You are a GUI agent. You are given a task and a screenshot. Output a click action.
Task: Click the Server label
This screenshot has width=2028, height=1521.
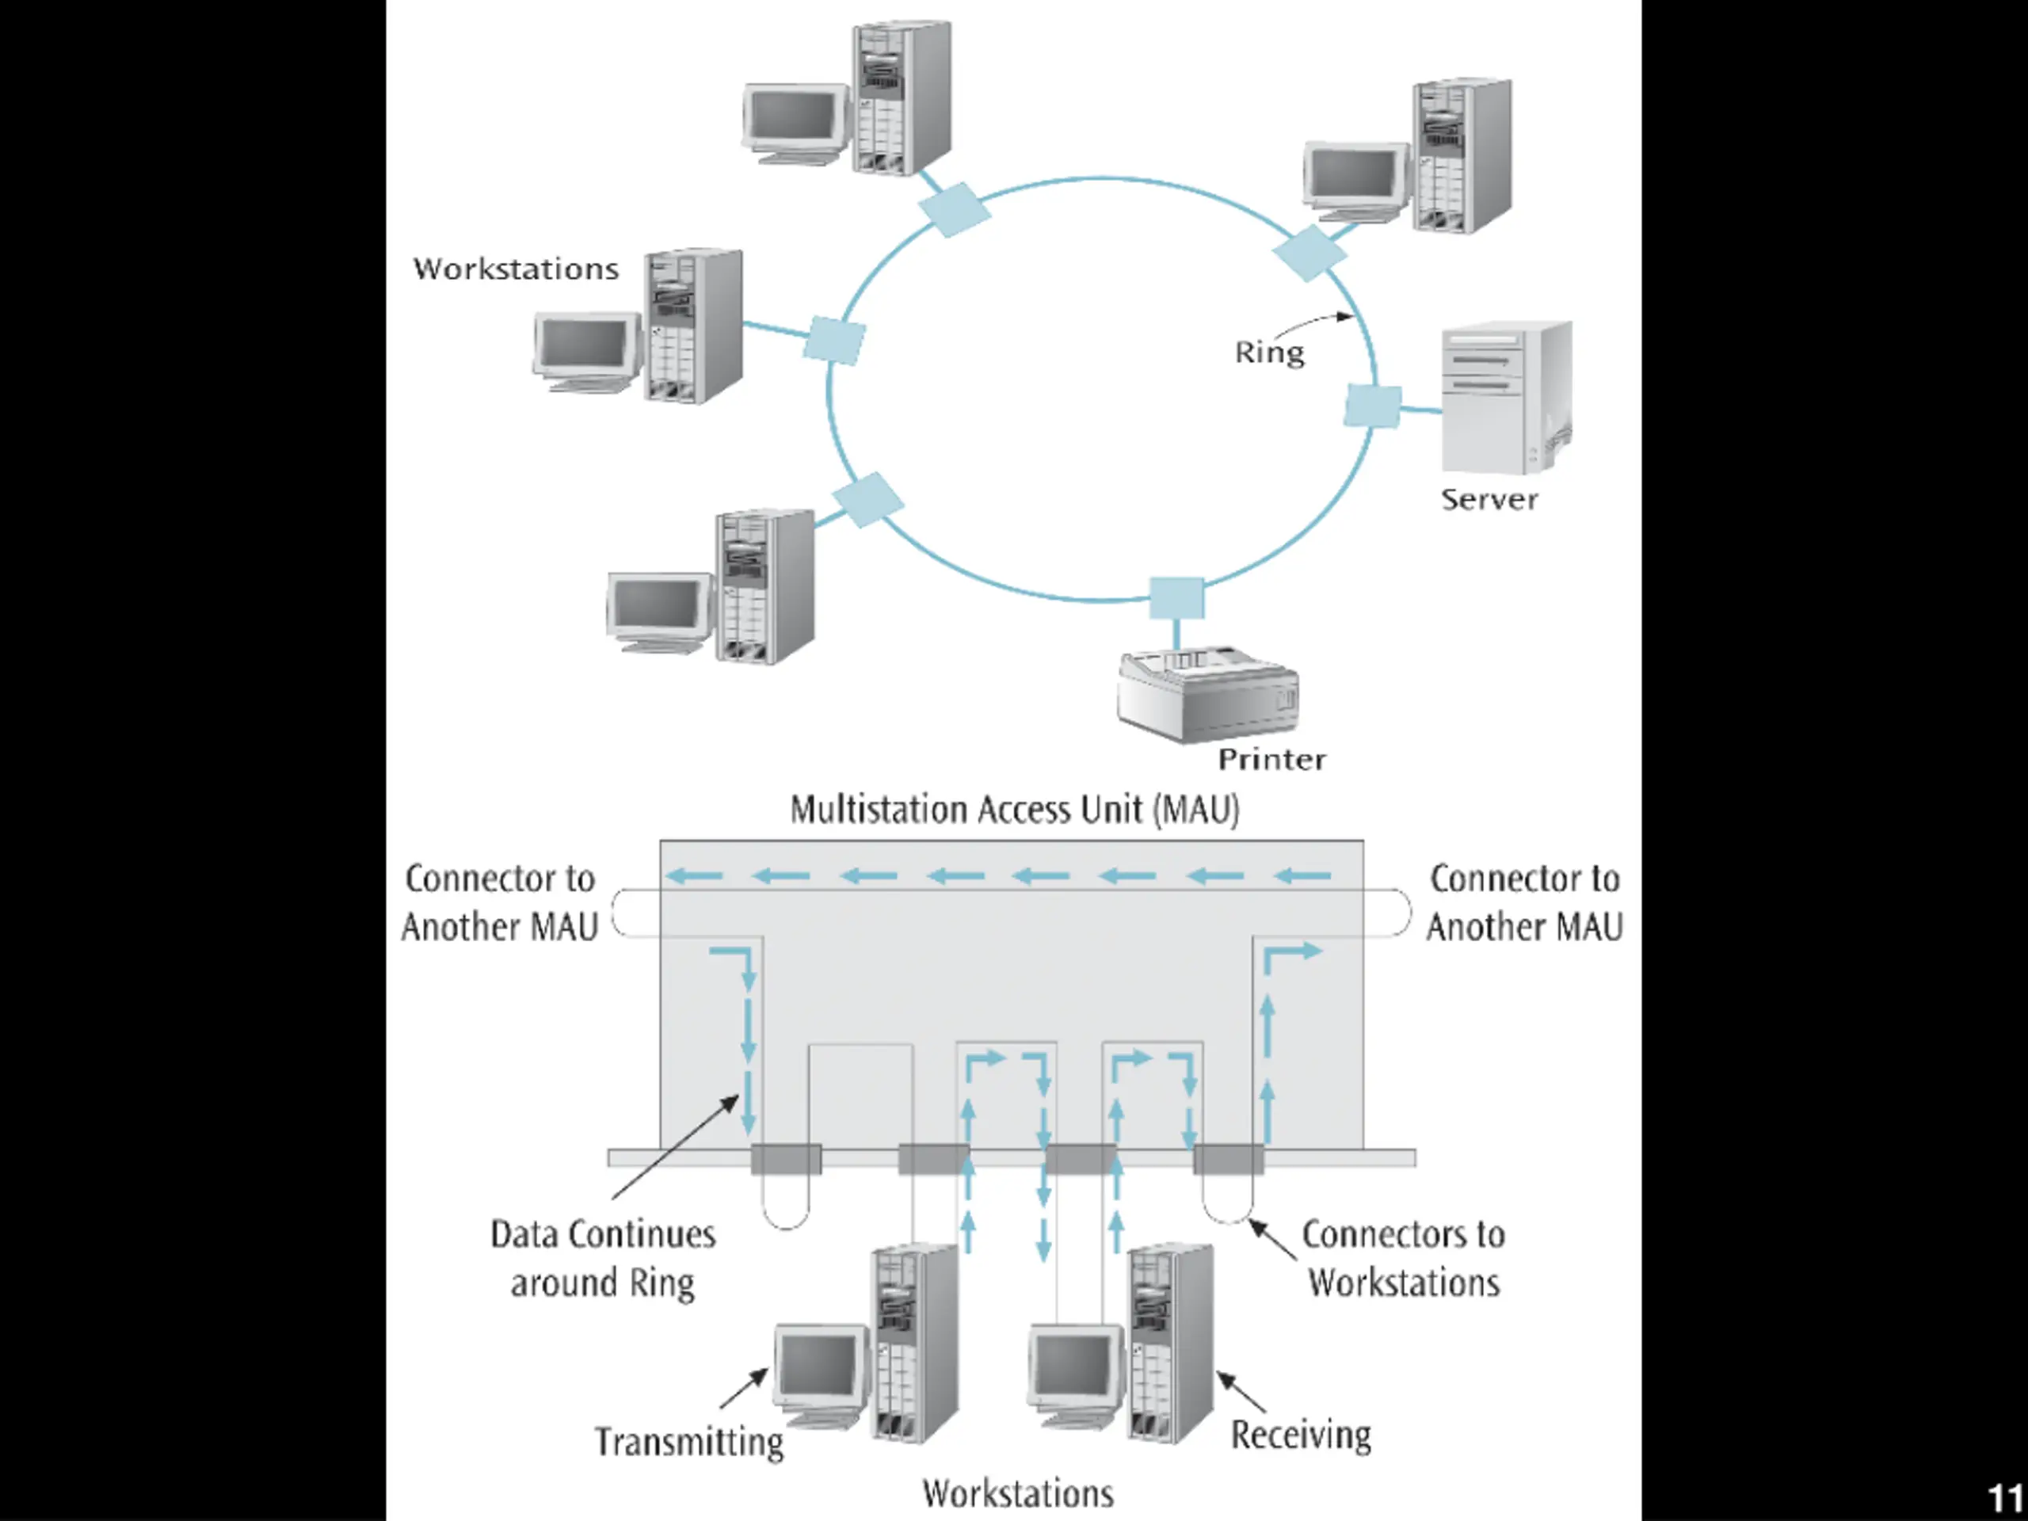pos(1489,500)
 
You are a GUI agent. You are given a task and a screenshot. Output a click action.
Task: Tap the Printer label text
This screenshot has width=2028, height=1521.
pos(1271,759)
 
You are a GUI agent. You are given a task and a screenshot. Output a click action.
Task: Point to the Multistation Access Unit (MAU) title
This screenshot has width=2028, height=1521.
pos(1015,810)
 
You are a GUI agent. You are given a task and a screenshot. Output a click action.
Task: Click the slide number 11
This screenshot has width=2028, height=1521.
pos(2005,1498)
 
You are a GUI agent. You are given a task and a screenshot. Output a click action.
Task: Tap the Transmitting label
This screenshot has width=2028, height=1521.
pos(688,1442)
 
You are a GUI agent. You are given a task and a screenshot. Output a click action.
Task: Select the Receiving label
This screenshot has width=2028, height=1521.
pos(1301,1435)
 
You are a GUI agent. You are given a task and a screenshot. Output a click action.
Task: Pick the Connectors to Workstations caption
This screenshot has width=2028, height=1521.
pos(1404,1258)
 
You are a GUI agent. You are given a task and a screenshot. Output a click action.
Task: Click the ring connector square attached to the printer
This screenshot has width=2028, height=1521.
pos(1176,599)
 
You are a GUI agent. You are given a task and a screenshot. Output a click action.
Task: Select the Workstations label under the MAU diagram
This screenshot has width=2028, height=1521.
pos(1018,1493)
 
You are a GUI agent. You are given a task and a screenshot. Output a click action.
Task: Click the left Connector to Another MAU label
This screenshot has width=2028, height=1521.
pos(500,902)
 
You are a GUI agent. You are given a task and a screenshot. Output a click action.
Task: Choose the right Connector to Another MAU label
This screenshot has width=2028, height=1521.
pos(1525,902)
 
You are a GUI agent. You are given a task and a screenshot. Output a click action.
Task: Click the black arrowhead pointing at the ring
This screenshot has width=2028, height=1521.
pos(1346,317)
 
